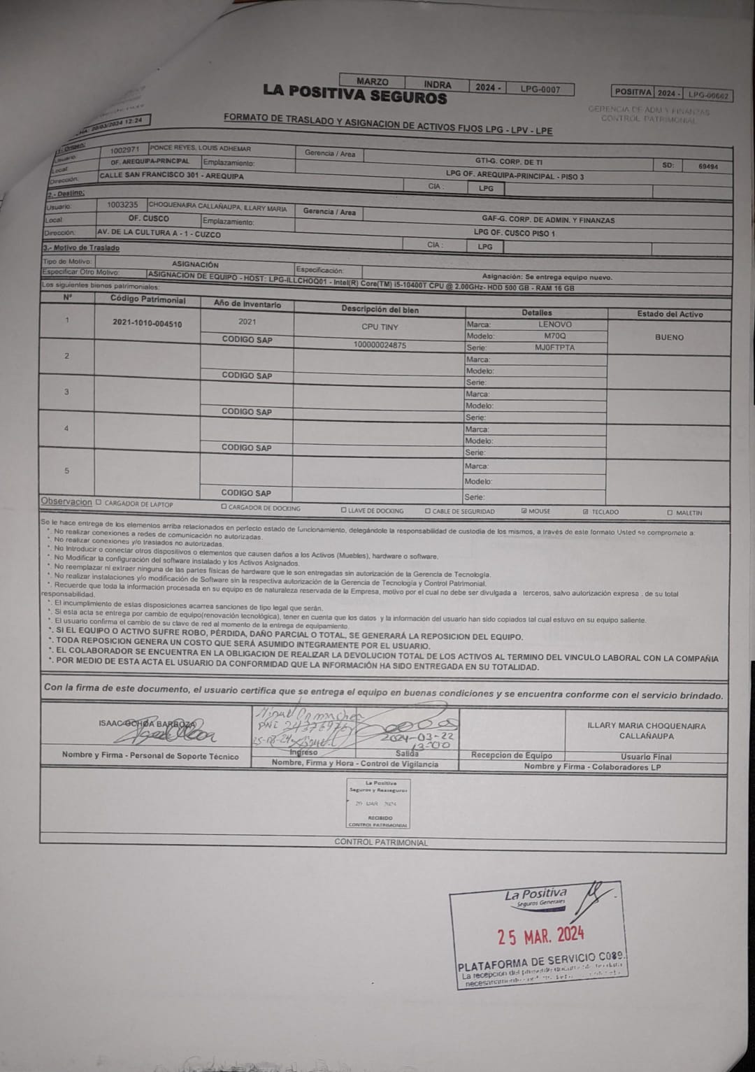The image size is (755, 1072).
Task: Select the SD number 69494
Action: (x=707, y=166)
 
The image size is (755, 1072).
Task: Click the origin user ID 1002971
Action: (x=125, y=150)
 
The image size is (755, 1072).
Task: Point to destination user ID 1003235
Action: (x=122, y=205)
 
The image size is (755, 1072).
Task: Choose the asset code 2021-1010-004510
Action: (x=147, y=324)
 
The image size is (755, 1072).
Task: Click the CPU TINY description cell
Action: (x=380, y=327)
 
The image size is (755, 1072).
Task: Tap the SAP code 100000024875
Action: (x=380, y=345)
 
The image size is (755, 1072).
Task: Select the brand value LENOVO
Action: (x=554, y=324)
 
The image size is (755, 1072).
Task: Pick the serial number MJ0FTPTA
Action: (x=554, y=348)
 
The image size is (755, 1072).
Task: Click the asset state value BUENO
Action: (x=669, y=337)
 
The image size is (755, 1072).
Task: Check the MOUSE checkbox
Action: (x=524, y=511)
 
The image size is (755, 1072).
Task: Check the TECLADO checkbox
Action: (x=586, y=512)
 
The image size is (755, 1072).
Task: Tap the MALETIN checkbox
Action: (x=670, y=513)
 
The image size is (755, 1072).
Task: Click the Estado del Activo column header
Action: (x=669, y=314)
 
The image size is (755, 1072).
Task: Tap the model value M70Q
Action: (x=554, y=336)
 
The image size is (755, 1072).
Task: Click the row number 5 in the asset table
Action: (x=67, y=471)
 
